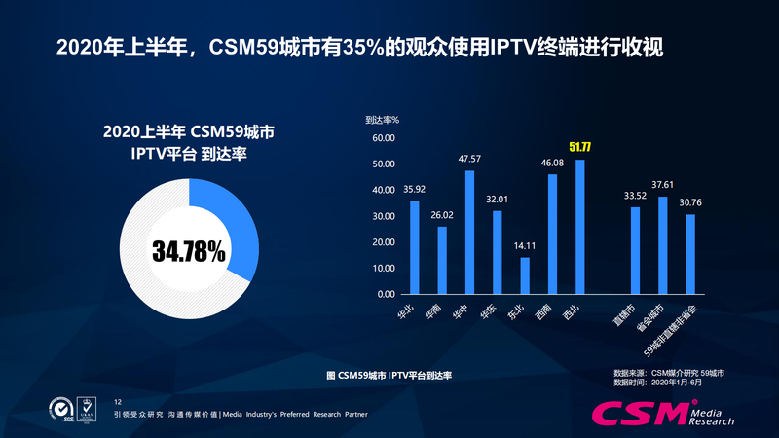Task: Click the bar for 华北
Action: [414, 247]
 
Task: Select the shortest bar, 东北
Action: [525, 275]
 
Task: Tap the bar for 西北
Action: [580, 227]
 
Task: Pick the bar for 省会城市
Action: [663, 245]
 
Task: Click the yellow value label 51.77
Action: [582, 148]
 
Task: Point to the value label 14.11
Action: [525, 246]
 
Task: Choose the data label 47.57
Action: [469, 159]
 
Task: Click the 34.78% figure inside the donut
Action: [189, 251]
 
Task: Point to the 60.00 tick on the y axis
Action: [383, 138]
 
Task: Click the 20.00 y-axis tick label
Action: [383, 242]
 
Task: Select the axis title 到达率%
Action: [383, 120]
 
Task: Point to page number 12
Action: [118, 401]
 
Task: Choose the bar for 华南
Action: [442, 260]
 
